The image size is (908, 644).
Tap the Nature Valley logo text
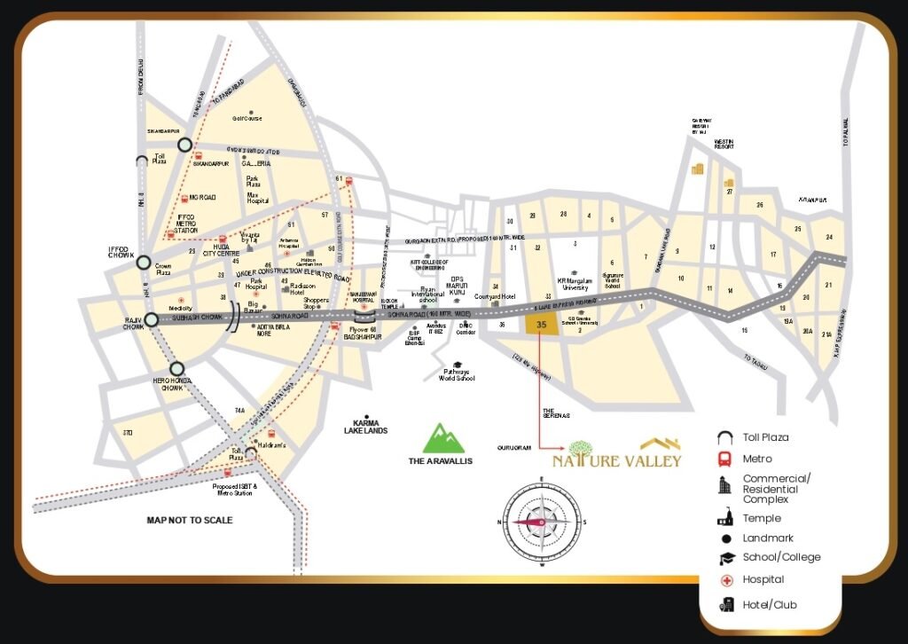coord(617,460)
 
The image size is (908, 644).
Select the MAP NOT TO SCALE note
coord(190,520)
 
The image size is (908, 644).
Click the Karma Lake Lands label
coord(366,426)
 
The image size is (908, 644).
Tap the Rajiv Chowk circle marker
coord(152,319)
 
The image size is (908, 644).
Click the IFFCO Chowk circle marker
coord(144,262)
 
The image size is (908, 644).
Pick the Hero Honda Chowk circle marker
coord(177,368)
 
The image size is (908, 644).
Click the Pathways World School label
coord(457,374)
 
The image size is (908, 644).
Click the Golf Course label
coord(247,118)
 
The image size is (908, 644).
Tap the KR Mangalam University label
coord(574,285)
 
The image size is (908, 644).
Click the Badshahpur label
coord(362,337)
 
